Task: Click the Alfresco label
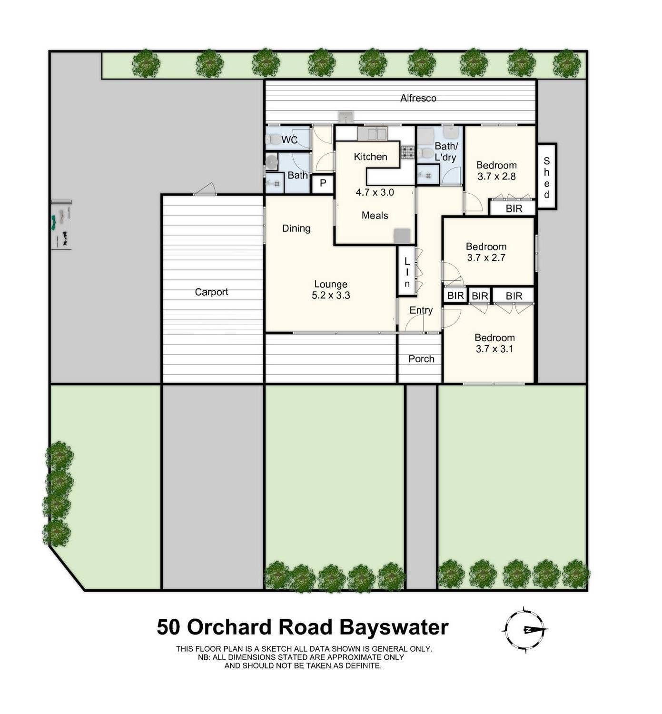pyautogui.click(x=418, y=99)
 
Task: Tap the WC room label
pyautogui.click(x=289, y=139)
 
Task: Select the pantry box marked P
pyautogui.click(x=323, y=183)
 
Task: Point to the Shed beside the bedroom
pyautogui.click(x=547, y=177)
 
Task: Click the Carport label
pyautogui.click(x=211, y=292)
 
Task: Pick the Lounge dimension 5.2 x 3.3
pyautogui.click(x=331, y=296)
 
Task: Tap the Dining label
pyautogui.click(x=296, y=228)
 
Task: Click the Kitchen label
pyautogui.click(x=370, y=157)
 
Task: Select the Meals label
pyautogui.click(x=375, y=216)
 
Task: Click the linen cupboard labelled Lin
pyautogui.click(x=407, y=272)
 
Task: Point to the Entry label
pyautogui.click(x=421, y=310)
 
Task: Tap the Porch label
pyautogui.click(x=421, y=359)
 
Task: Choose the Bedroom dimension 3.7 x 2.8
pyautogui.click(x=496, y=177)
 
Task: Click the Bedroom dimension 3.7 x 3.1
pyautogui.click(x=494, y=349)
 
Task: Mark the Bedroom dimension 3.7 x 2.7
pyautogui.click(x=486, y=258)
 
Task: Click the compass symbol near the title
pyautogui.click(x=524, y=630)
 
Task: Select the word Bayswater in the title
pyautogui.click(x=394, y=627)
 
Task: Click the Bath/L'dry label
pyautogui.click(x=445, y=152)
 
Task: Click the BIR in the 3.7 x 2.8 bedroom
pyautogui.click(x=514, y=208)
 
